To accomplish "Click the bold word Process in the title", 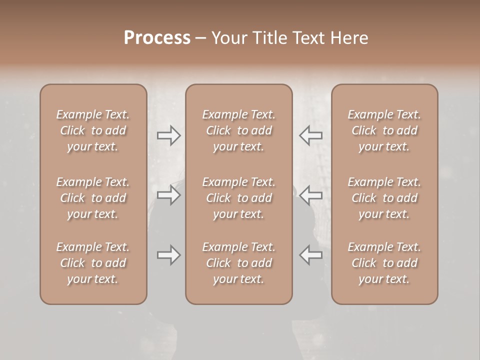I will [157, 38].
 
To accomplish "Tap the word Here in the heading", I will [350, 38].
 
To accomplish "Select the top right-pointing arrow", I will [168, 135].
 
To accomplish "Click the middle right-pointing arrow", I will [168, 195].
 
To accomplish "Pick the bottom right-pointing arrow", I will [168, 255].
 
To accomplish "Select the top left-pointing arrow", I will [310, 135].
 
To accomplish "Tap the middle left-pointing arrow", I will [310, 195].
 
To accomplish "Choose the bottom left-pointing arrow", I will [310, 255].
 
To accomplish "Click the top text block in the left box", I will [93, 130].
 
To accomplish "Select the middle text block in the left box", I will [93, 198].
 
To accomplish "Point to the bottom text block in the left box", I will [93, 263].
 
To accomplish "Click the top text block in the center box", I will [238, 130].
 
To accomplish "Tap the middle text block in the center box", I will [238, 198].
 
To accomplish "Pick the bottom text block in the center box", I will [238, 263].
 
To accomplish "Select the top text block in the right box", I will [384, 130].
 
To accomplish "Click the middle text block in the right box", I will [384, 198].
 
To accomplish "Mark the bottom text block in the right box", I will [384, 263].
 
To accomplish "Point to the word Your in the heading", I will [229, 38].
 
